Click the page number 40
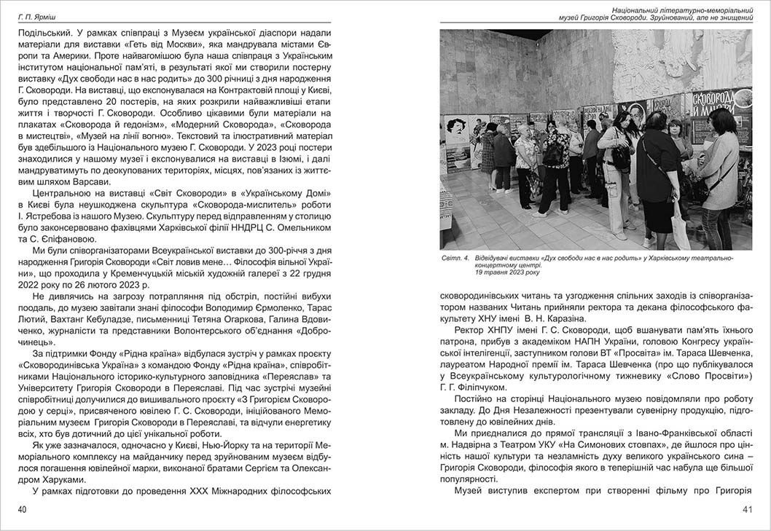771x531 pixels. click(x=23, y=509)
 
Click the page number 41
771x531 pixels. click(x=747, y=509)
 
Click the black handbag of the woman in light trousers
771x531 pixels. click(x=621, y=157)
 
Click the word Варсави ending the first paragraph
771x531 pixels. click(x=93, y=181)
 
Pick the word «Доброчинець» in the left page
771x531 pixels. click(x=47, y=341)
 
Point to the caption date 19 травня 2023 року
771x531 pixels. click(x=508, y=272)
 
